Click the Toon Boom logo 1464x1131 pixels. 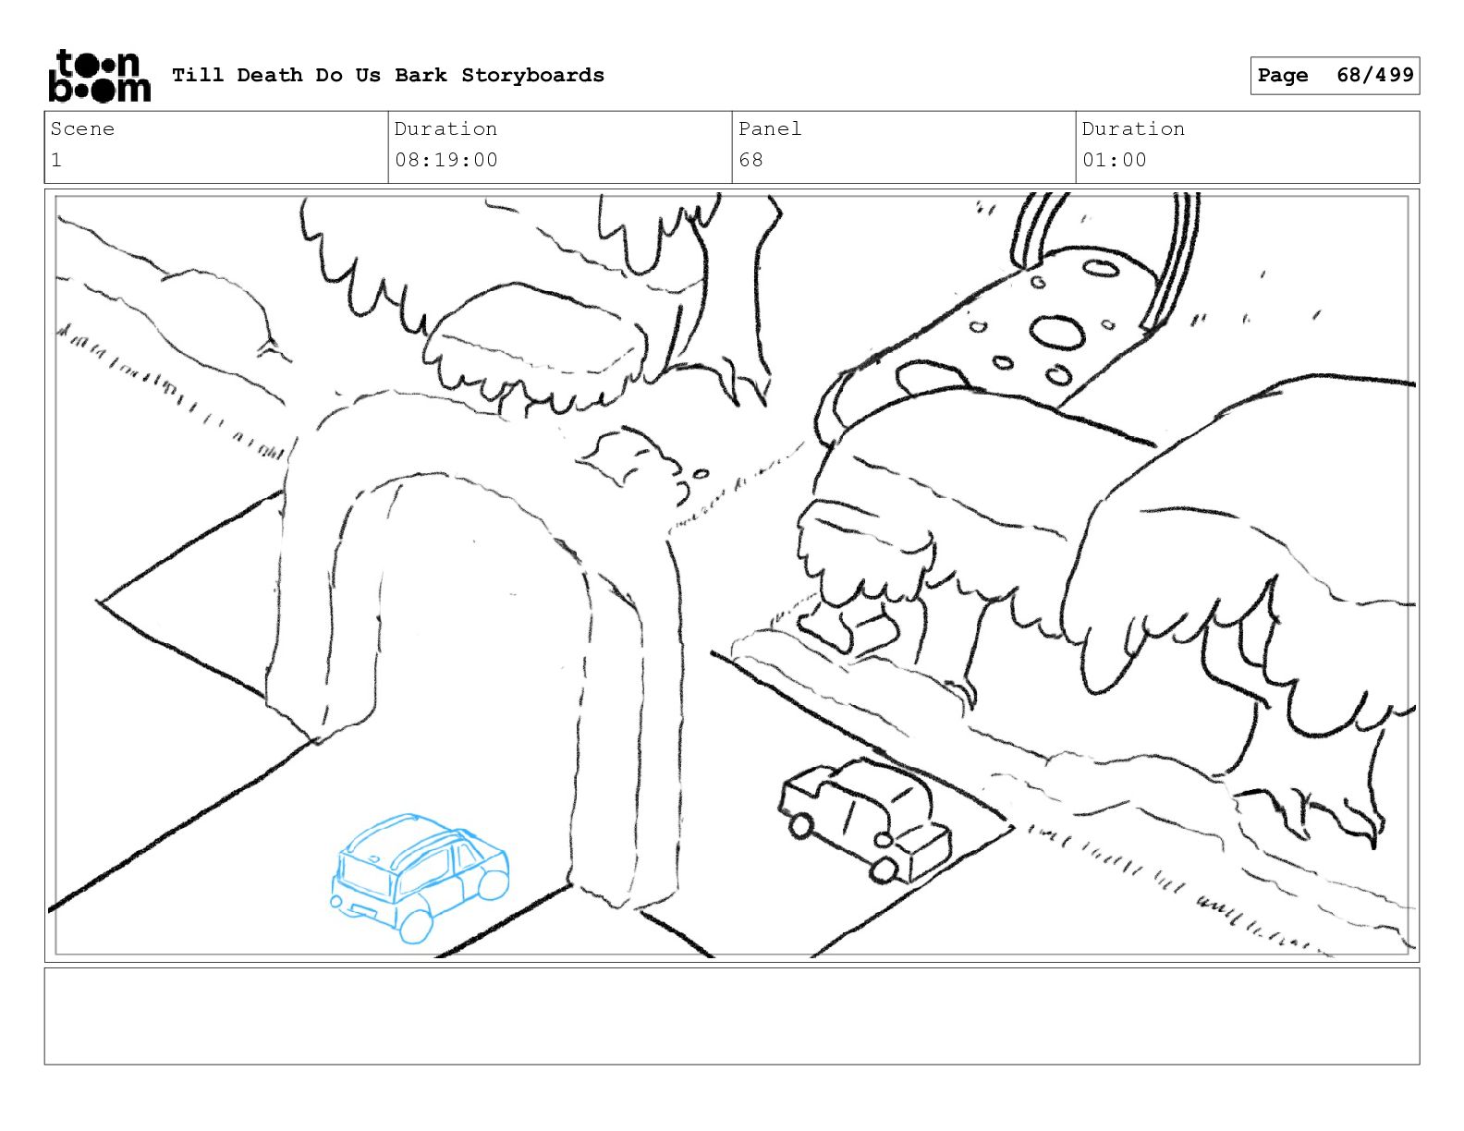(100, 76)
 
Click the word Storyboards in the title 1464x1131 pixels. (532, 75)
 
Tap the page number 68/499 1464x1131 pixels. (1375, 75)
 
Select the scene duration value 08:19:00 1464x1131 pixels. (446, 161)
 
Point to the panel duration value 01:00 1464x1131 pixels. (1115, 161)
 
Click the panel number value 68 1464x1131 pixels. (751, 161)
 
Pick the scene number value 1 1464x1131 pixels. (56, 161)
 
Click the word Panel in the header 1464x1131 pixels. (770, 128)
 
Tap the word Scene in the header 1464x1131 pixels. (82, 128)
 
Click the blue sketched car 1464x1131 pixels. (419, 877)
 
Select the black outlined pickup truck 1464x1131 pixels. (865, 821)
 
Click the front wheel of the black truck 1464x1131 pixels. (800, 825)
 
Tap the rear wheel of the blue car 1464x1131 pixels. (416, 926)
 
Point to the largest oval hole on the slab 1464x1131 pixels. (1057, 333)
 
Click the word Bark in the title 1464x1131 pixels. (421, 75)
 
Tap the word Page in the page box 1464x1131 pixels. (1283, 75)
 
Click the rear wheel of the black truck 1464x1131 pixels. (884, 870)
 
